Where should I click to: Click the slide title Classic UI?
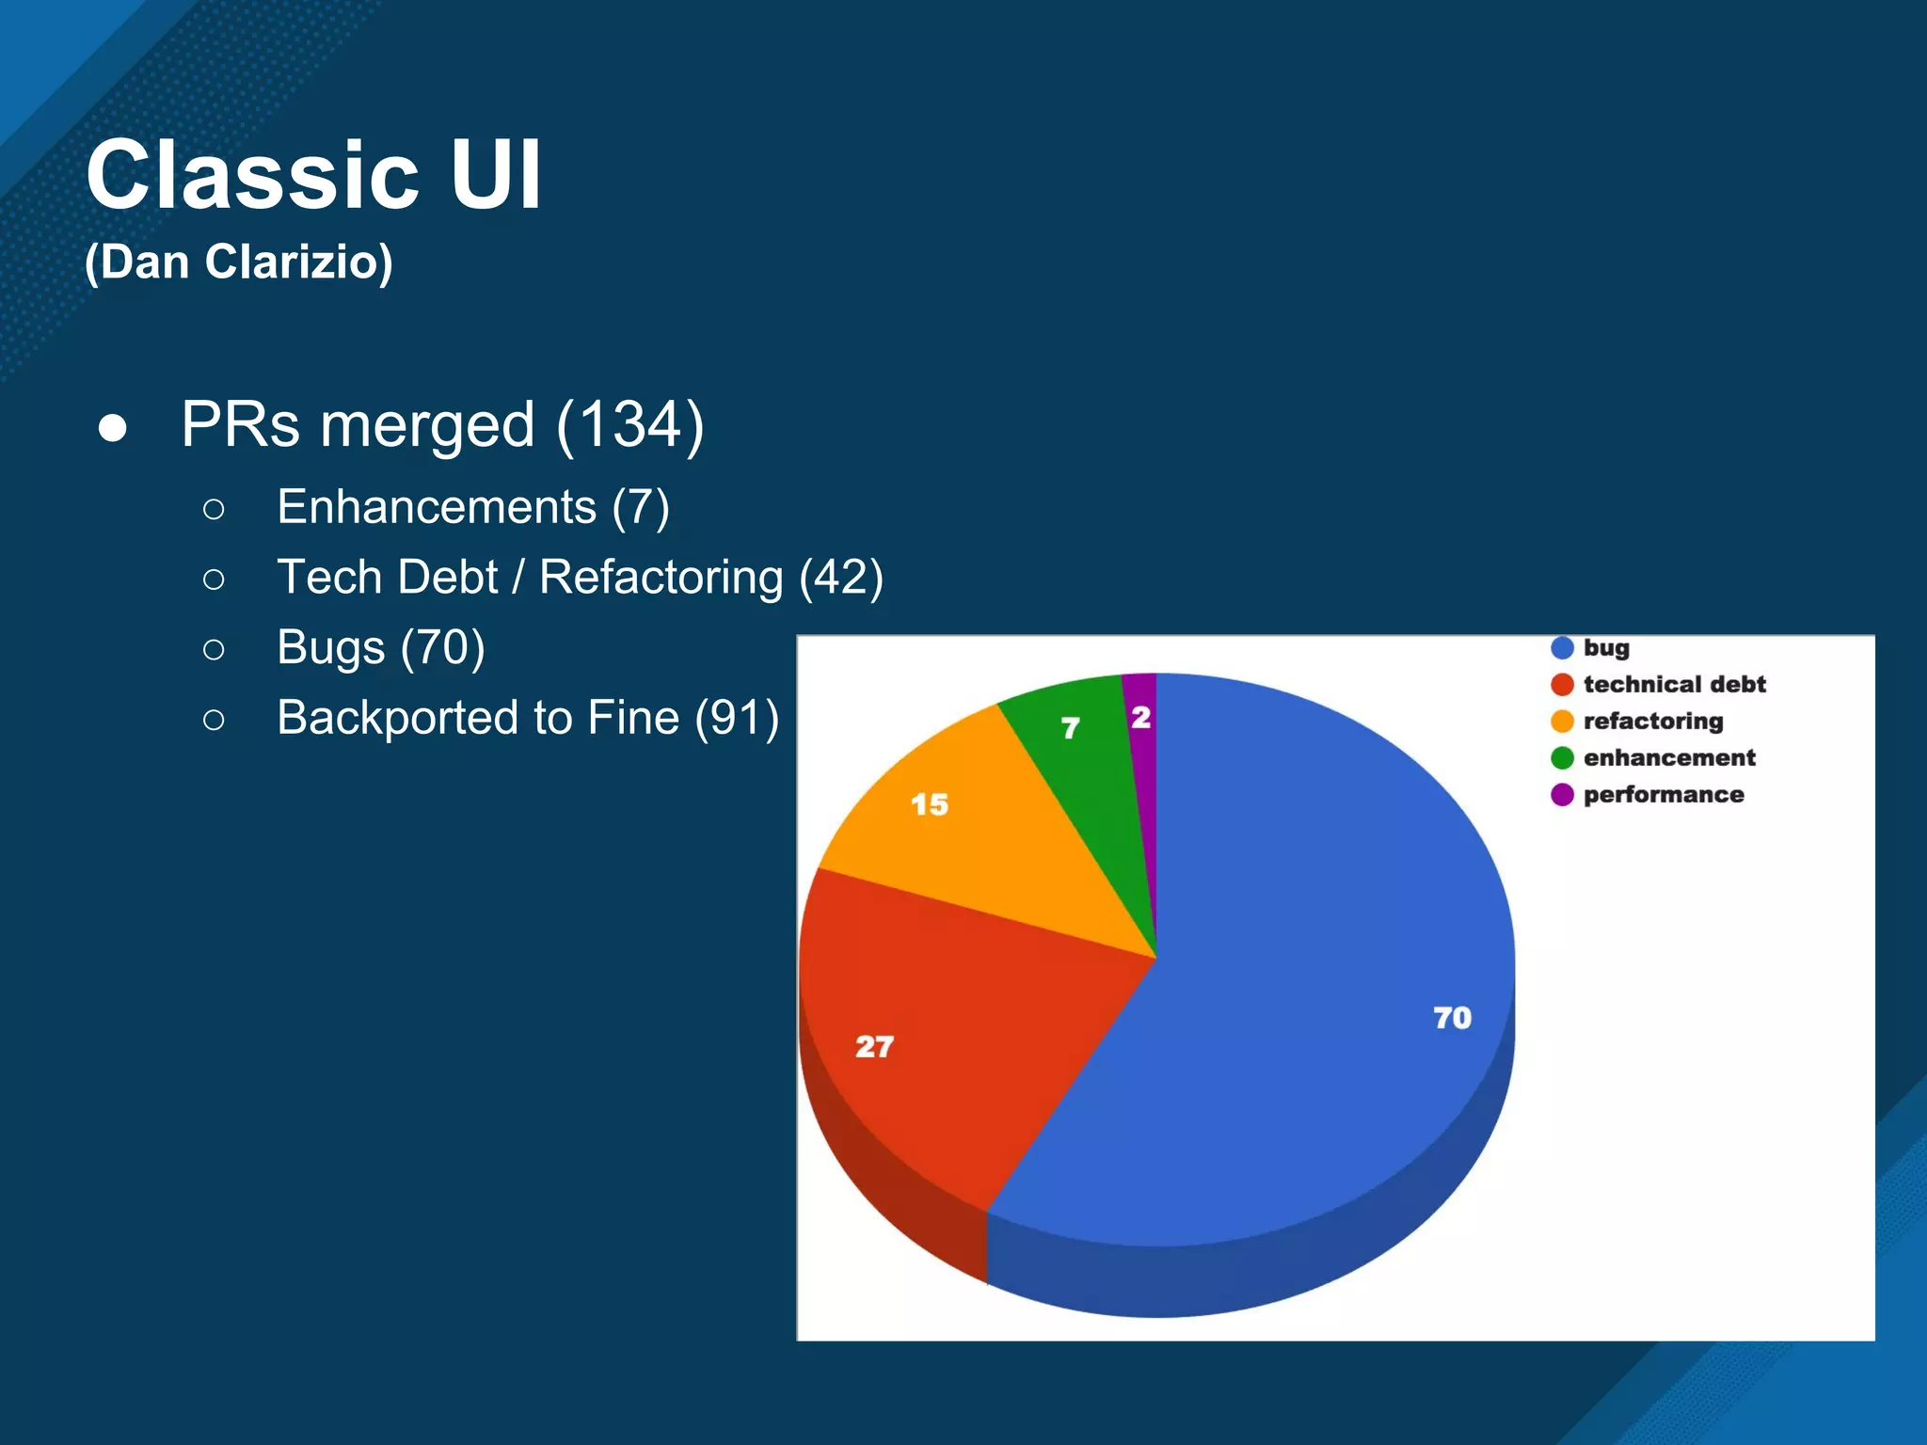[x=313, y=175]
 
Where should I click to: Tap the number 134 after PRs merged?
[x=629, y=424]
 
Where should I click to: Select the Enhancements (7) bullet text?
[x=472, y=507]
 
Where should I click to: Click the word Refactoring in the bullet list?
[x=661, y=578]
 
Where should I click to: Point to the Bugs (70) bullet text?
[x=380, y=647]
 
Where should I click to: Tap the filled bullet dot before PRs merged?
[x=113, y=427]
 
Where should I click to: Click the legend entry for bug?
[x=1605, y=647]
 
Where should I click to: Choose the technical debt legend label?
[x=1674, y=684]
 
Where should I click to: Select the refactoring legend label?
[x=1652, y=721]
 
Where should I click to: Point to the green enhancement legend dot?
[x=1562, y=757]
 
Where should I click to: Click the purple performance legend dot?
[x=1562, y=795]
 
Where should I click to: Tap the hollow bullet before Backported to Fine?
[x=214, y=720]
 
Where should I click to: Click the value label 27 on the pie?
[x=874, y=1046]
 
